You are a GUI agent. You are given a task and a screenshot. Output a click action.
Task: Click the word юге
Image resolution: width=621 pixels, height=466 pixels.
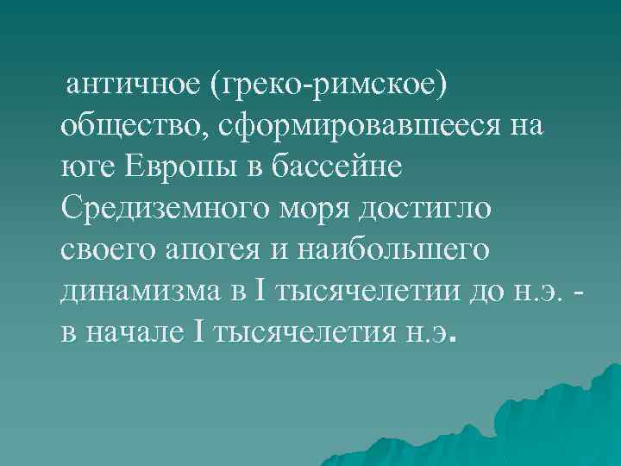point(84,166)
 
